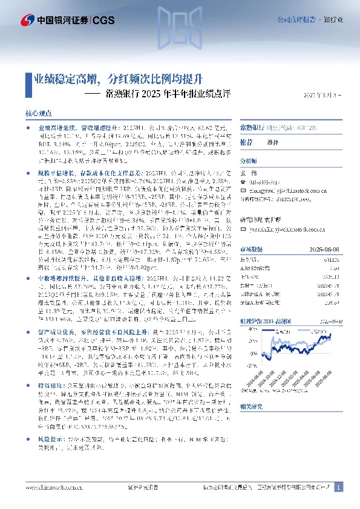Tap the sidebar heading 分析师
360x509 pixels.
pos(249,161)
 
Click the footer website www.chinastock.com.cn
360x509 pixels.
pos(49,487)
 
